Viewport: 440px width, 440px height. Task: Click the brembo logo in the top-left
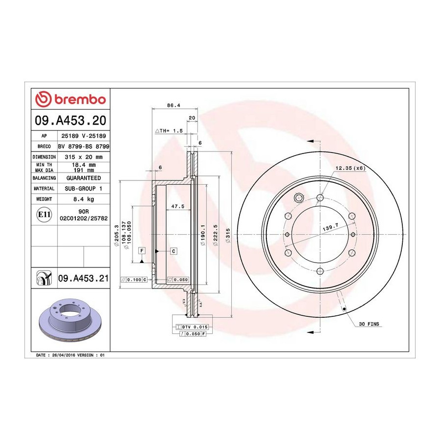(x=70, y=99)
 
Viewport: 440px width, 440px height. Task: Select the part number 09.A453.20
(x=70, y=120)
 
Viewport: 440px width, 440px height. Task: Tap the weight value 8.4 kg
(x=84, y=199)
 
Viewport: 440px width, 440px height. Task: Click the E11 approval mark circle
(x=44, y=215)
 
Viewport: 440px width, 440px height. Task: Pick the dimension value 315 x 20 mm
(x=84, y=157)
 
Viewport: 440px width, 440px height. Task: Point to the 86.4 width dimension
(x=174, y=106)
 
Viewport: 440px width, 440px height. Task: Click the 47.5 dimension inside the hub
(x=177, y=206)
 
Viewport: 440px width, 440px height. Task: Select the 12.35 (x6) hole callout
(x=351, y=168)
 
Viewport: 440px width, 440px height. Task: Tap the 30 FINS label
(x=369, y=324)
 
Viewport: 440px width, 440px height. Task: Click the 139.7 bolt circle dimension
(x=330, y=227)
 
